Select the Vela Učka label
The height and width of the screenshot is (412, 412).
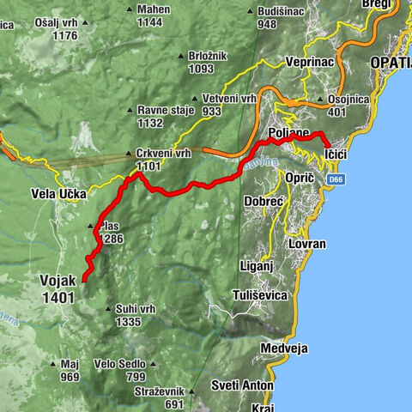(58, 194)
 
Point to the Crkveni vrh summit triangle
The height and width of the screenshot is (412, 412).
(128, 154)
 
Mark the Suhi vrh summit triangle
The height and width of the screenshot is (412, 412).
(106, 309)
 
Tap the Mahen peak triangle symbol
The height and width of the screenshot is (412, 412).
(130, 9)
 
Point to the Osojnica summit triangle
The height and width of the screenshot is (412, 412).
(320, 99)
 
